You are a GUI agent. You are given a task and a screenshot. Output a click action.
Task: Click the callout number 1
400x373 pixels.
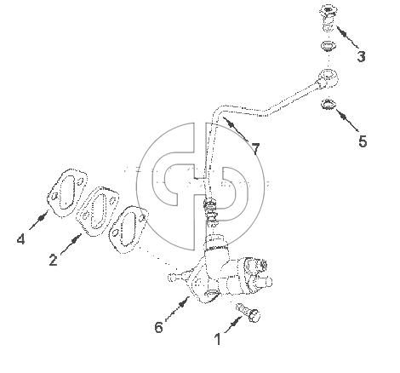(x=218, y=339)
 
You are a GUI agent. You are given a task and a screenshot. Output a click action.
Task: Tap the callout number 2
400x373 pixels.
(x=53, y=260)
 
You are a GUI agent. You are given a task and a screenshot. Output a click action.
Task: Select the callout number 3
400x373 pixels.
(x=361, y=56)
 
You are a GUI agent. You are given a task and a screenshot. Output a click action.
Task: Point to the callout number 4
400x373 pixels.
(x=20, y=238)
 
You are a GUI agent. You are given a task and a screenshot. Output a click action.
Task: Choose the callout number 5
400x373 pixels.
(x=363, y=141)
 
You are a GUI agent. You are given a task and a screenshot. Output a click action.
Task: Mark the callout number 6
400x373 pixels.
(x=159, y=327)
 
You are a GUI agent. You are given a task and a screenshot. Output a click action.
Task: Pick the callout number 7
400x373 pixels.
(x=255, y=149)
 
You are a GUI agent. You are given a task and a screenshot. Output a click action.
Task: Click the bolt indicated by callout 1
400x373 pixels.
(x=249, y=313)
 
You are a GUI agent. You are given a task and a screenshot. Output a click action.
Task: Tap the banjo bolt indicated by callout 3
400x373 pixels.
(x=329, y=18)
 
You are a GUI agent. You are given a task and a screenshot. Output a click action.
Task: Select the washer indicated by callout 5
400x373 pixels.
(x=329, y=104)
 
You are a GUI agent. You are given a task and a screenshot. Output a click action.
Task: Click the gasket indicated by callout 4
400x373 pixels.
(x=67, y=192)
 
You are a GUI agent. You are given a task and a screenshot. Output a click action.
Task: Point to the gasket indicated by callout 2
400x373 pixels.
(x=98, y=211)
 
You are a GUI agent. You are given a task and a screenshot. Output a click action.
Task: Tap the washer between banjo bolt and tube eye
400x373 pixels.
(x=329, y=46)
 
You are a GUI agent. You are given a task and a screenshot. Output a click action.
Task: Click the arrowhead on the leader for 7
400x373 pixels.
(x=231, y=123)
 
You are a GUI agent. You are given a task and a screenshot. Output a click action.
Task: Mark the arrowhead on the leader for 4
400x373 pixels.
(x=43, y=217)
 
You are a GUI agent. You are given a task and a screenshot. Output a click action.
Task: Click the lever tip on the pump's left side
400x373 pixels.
(x=171, y=277)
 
